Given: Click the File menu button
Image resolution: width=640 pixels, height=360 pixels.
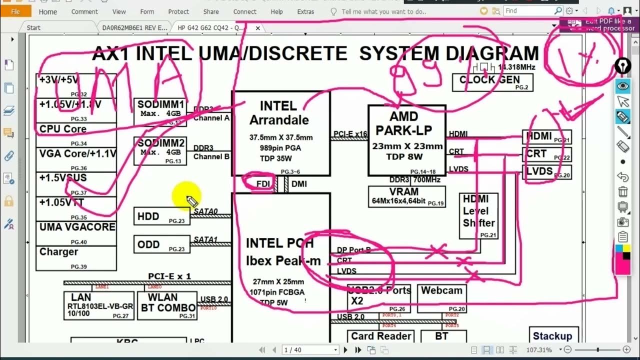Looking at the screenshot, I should [x=15, y=11].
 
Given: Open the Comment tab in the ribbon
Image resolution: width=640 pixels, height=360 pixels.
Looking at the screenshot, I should [x=84, y=11].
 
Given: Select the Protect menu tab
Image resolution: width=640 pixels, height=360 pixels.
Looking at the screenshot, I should [x=178, y=11].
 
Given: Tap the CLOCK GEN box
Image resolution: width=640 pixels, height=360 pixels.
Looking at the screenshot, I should [x=492, y=82].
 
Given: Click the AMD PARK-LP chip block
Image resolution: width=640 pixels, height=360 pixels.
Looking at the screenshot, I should [x=406, y=140].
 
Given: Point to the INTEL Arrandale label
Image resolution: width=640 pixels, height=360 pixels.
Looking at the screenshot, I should [x=279, y=113].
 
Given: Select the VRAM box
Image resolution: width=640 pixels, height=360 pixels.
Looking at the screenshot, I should [x=406, y=196].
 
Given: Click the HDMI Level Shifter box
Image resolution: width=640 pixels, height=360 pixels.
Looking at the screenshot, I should [x=478, y=216].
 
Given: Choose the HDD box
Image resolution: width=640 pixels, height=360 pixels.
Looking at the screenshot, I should [x=161, y=216].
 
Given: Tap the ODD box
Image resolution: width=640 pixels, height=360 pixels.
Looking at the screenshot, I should [x=161, y=244].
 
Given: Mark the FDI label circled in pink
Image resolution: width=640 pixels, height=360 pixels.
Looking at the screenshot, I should [x=263, y=184].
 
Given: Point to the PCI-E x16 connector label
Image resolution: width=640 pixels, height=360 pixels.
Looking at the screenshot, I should [x=349, y=133].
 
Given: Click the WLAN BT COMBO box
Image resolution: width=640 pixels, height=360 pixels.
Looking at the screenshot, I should [x=168, y=305].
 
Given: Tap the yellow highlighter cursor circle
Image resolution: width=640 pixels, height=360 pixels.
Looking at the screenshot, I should [x=187, y=195].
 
